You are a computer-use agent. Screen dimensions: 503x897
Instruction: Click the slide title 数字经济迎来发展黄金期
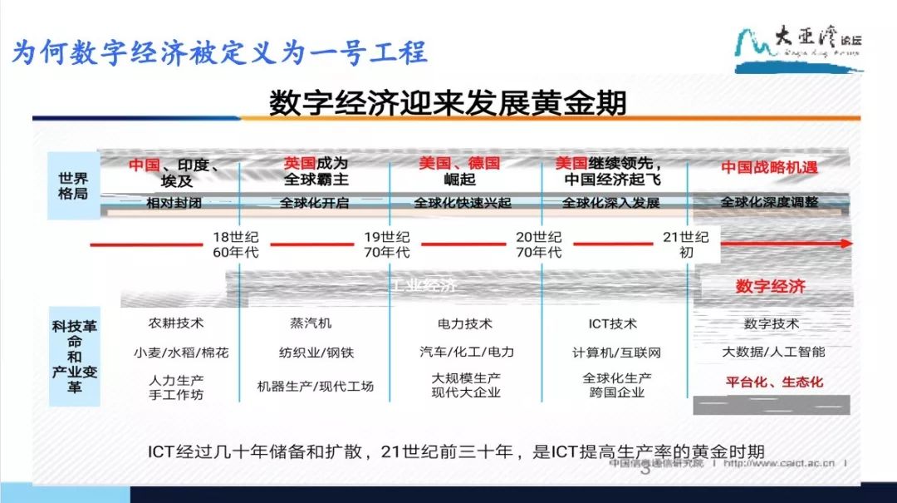tap(448, 104)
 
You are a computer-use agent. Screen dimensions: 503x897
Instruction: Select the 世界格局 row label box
tap(74, 185)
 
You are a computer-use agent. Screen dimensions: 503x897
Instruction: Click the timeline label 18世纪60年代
tap(234, 244)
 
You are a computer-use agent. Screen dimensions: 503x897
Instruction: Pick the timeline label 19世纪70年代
tap(386, 244)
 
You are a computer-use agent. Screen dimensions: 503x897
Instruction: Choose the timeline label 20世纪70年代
tap(537, 244)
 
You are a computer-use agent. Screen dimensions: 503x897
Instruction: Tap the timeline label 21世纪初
tap(686, 244)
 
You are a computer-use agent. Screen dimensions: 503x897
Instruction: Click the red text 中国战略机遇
tap(769, 167)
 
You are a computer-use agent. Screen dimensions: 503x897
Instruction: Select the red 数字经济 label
tap(770, 287)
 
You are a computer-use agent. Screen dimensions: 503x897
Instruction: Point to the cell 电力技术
tap(465, 323)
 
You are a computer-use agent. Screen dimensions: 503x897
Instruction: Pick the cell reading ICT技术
tap(615, 323)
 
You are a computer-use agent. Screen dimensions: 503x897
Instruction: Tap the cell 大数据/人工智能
tap(772, 352)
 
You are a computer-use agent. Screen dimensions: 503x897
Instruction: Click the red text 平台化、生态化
tap(772, 382)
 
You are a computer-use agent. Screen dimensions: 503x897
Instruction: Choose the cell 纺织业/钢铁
tap(316, 353)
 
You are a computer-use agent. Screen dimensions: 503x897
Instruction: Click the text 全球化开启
tap(315, 203)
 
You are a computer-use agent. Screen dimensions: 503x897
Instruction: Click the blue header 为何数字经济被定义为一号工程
tap(220, 52)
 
